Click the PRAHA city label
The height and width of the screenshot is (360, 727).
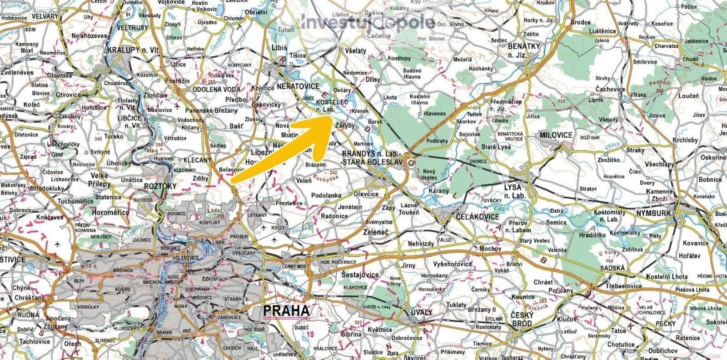coord(286,311)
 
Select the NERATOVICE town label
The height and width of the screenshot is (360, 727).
coord(294,85)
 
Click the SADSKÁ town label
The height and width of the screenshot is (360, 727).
coord(613,268)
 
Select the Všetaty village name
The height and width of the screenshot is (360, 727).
coord(356,51)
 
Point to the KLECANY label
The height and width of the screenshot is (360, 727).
coord(198,160)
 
